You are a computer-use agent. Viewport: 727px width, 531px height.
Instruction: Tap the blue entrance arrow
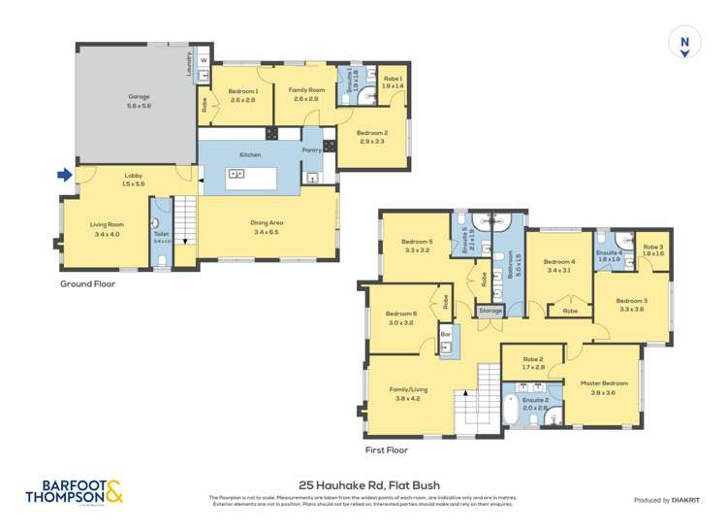(x=64, y=176)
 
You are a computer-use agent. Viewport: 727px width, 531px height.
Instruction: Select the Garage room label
(x=139, y=97)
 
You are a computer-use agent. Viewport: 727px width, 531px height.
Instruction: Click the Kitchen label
(x=250, y=154)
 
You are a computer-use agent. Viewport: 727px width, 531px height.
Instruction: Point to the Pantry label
(x=312, y=150)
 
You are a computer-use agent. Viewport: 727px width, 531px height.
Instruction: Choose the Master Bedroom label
(x=604, y=383)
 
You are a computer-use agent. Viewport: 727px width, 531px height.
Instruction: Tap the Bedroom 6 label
(x=400, y=314)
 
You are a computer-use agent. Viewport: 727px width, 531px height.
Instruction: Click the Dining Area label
(x=266, y=222)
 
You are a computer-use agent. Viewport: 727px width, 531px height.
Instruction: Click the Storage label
(x=491, y=311)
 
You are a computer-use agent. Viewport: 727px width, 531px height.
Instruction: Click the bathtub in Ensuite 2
(x=513, y=414)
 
